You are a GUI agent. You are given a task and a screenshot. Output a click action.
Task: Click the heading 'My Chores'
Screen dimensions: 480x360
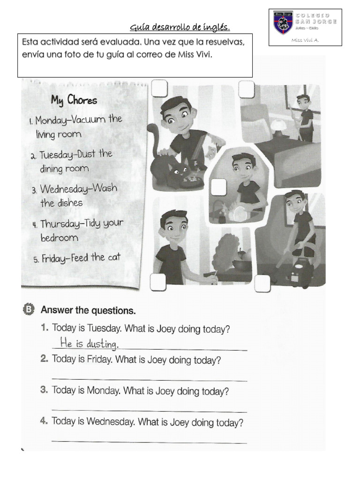(74, 100)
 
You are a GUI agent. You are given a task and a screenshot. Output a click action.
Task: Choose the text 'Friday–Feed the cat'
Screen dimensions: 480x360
(81, 258)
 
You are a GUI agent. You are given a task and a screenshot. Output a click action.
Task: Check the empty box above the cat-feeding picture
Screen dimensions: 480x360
(159, 88)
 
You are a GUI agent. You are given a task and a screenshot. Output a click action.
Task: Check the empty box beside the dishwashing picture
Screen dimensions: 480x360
(218, 187)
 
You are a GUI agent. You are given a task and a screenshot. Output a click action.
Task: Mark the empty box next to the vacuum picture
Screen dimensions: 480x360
(262, 283)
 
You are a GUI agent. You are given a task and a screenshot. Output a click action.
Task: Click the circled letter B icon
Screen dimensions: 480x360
(28, 309)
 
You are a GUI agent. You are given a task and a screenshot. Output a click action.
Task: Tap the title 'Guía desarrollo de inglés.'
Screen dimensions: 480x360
(180, 27)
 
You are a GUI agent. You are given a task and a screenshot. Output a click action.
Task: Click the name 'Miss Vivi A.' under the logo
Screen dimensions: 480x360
(305, 40)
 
